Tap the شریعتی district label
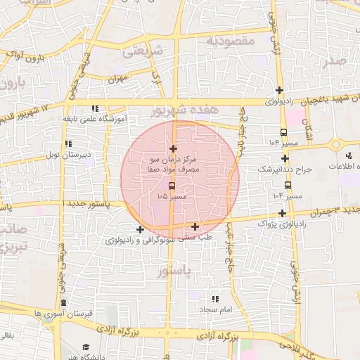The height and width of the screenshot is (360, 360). (142, 51)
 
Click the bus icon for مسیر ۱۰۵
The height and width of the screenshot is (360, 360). (173, 186)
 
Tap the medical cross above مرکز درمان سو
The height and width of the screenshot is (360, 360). (174, 148)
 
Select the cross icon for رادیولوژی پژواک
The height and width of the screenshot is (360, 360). (282, 213)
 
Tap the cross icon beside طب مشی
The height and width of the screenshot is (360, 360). (195, 226)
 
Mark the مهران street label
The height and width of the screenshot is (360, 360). (117, 78)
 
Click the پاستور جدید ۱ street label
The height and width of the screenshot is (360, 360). (83, 202)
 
